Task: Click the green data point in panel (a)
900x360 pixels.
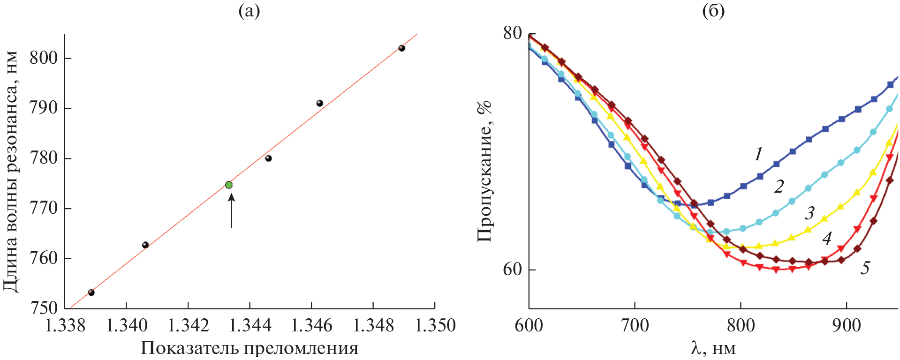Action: [229, 185]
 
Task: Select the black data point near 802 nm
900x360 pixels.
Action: [401, 48]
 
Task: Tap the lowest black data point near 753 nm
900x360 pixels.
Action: [91, 292]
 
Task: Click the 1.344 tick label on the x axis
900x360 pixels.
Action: [250, 325]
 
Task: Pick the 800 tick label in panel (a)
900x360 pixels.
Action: [44, 58]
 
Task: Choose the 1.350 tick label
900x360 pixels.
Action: [435, 325]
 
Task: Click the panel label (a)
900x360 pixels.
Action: [249, 10]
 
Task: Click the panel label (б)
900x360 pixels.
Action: [713, 10]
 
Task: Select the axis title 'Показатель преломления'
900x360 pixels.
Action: [249, 348]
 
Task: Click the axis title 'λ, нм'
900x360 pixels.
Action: [713, 348]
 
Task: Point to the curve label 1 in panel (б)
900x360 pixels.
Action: [758, 154]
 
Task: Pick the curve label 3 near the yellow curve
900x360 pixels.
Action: [810, 213]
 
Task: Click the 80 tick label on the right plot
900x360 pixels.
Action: [512, 33]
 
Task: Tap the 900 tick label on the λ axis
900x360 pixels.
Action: [846, 325]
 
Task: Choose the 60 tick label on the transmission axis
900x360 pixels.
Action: [512, 270]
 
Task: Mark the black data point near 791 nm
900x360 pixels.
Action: [320, 103]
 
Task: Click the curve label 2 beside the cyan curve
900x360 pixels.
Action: [779, 187]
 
